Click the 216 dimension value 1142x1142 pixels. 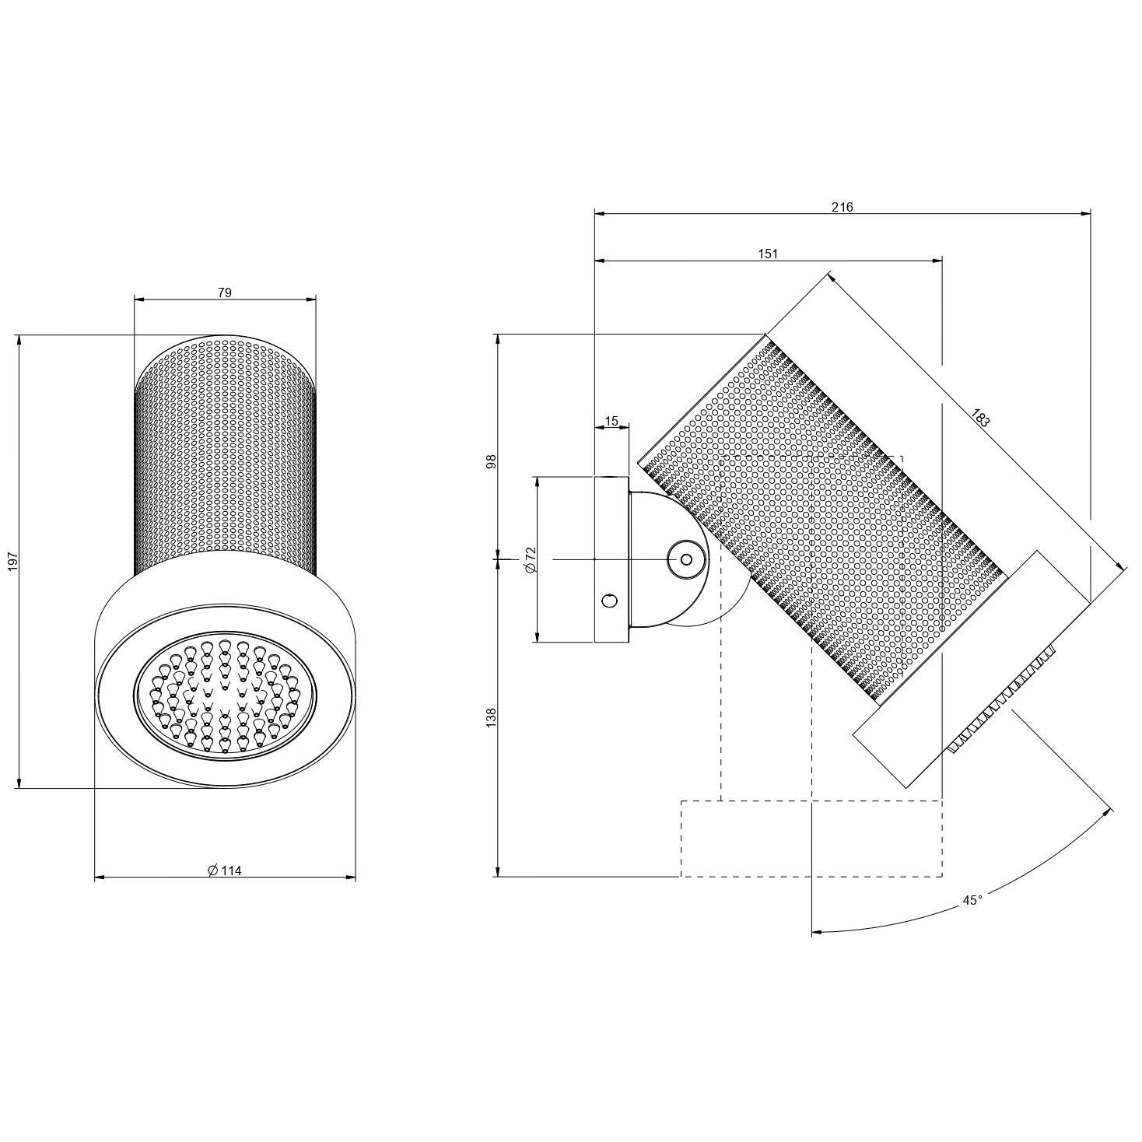(842, 207)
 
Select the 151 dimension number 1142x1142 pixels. (768, 254)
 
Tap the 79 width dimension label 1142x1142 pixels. (225, 293)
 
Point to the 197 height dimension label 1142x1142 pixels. (13, 561)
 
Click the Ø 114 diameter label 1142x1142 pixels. (225, 871)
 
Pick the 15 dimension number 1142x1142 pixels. (611, 422)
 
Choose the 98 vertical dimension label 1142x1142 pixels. (492, 461)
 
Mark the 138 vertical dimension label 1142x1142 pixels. (492, 718)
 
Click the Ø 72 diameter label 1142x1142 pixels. (531, 559)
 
